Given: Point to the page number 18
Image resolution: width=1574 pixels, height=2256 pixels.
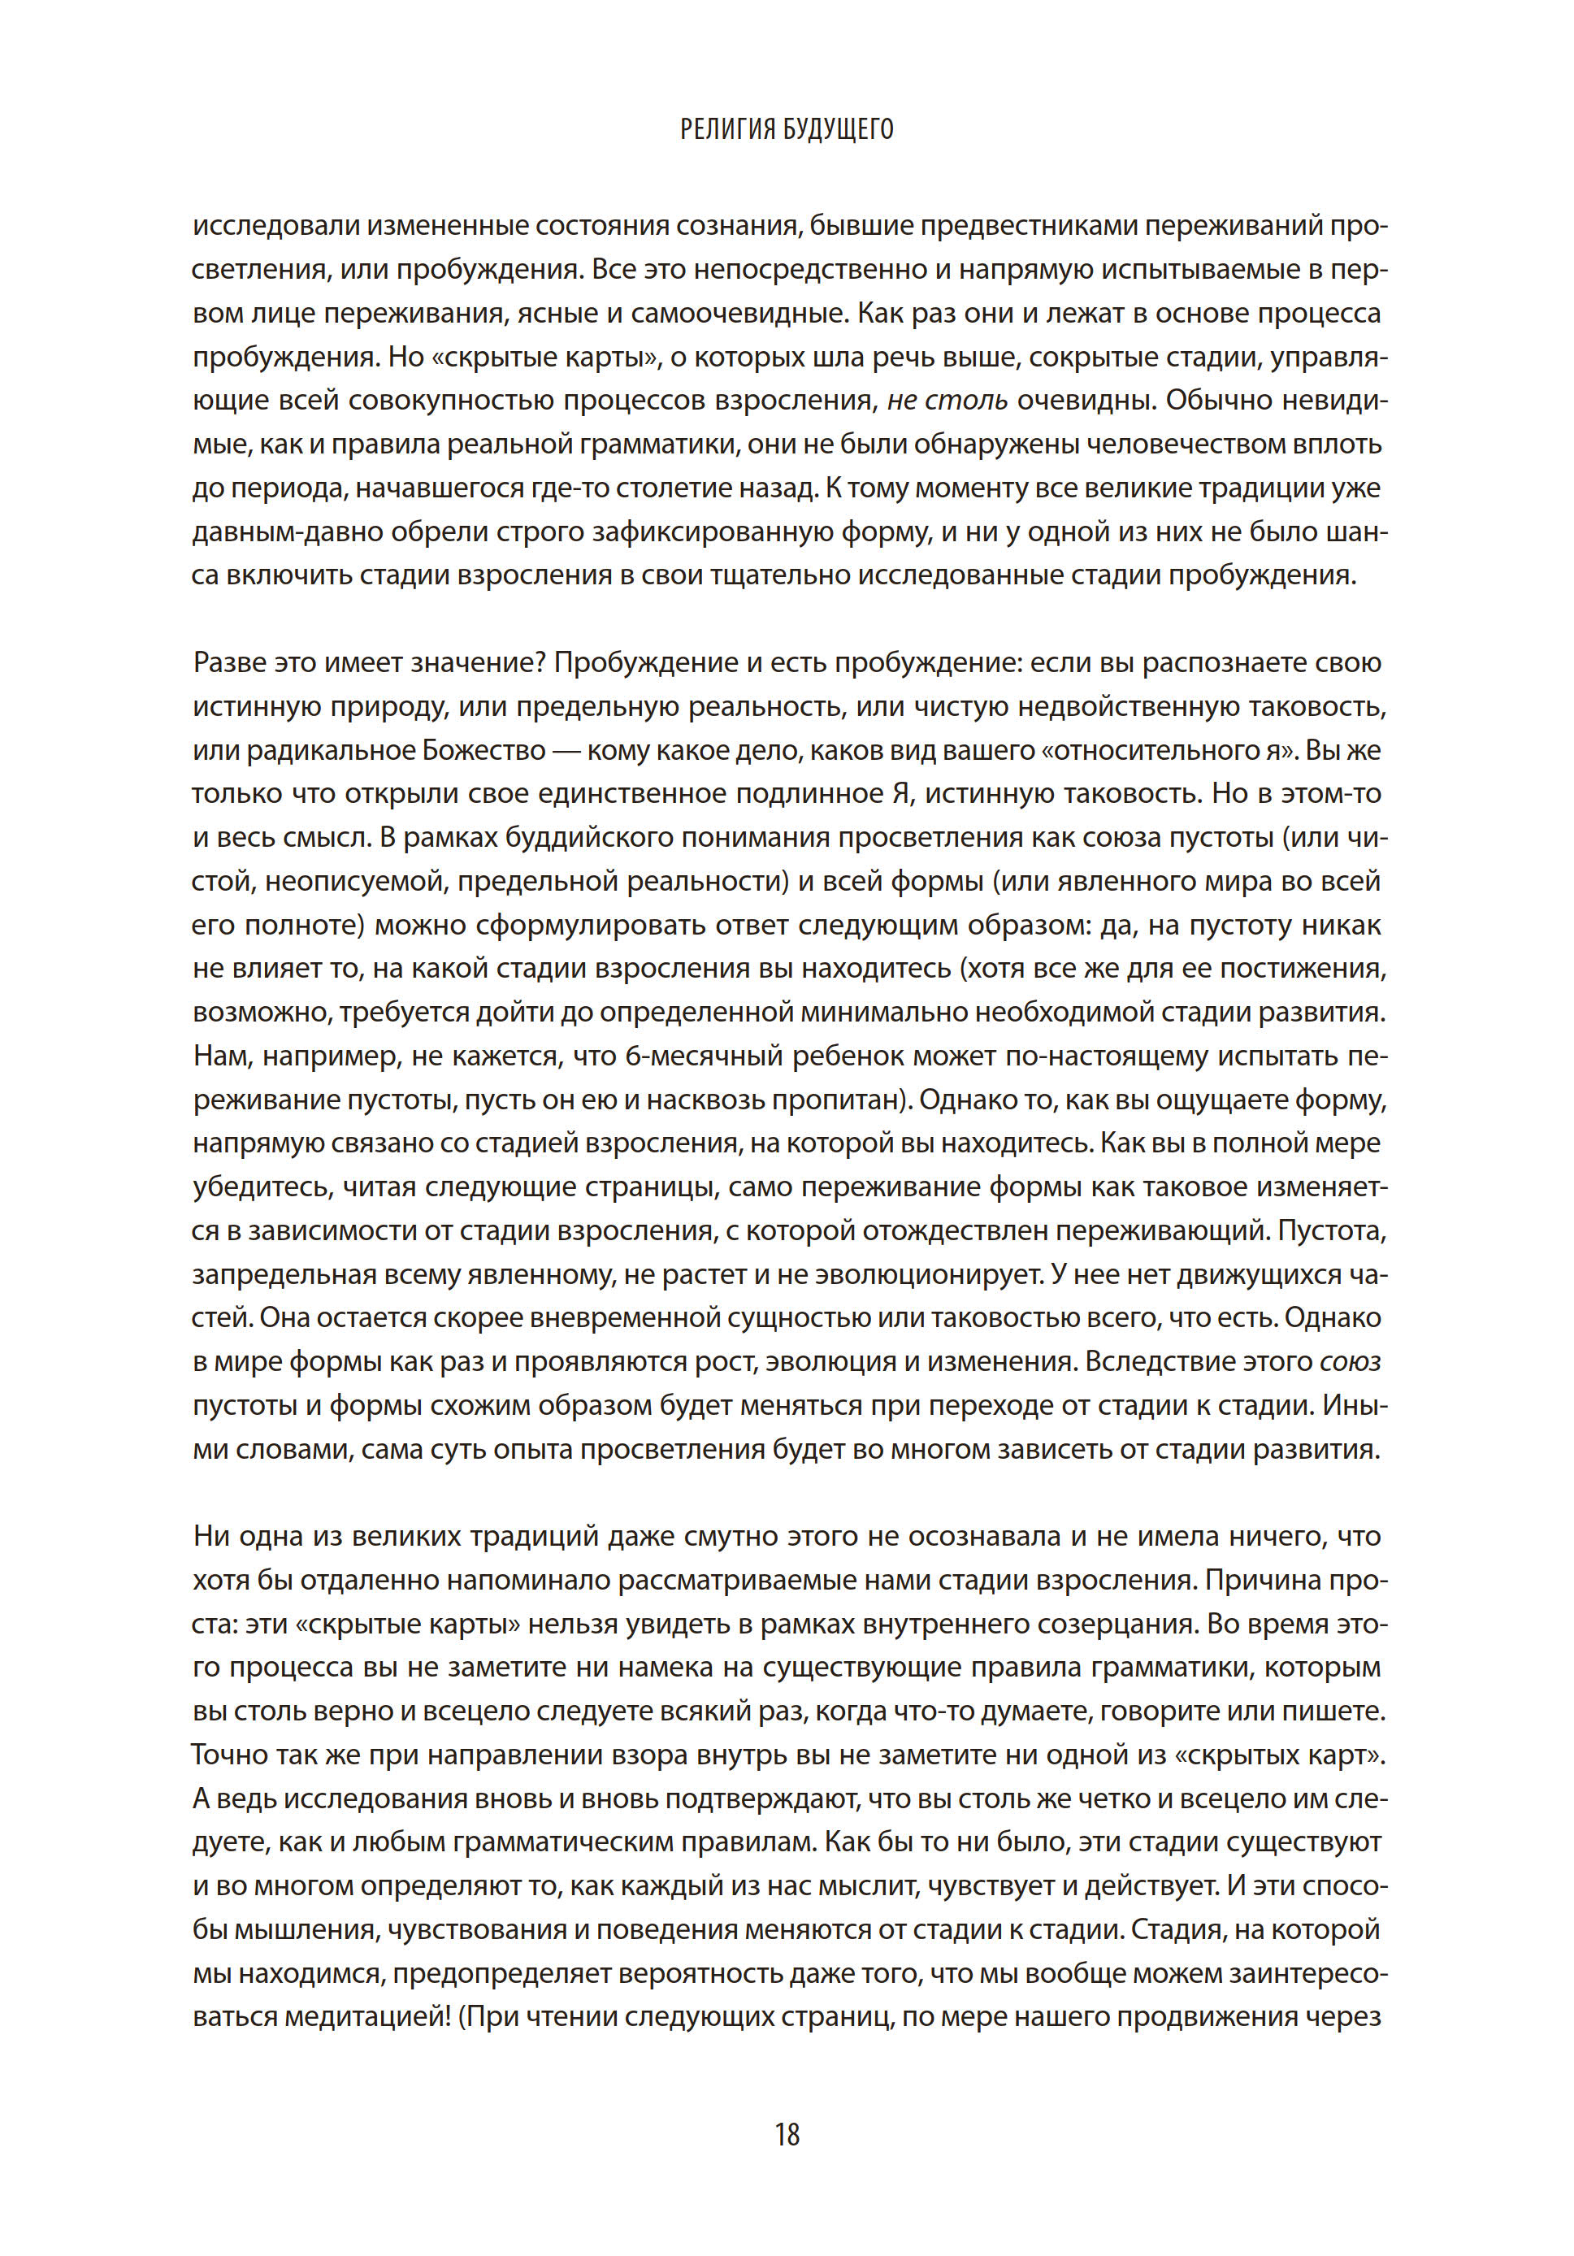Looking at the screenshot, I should pyautogui.click(x=787, y=2134).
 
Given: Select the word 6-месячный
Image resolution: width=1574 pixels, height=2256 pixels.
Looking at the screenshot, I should pyautogui.click(x=704, y=1056).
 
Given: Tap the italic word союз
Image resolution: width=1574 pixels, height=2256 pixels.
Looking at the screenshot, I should pyautogui.click(x=1350, y=1361).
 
